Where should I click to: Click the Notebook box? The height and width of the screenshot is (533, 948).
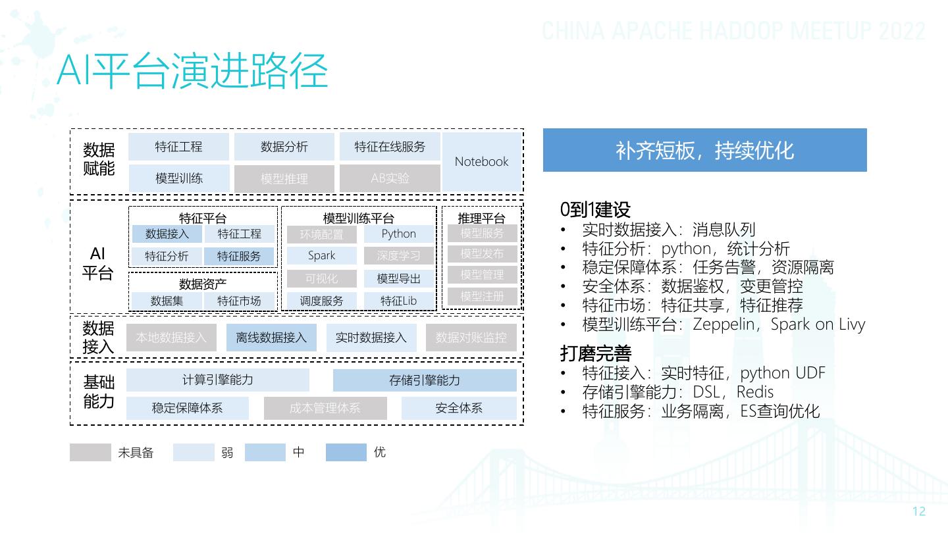(482, 162)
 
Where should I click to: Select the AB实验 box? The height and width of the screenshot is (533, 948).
(390, 178)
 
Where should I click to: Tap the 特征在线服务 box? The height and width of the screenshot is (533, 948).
(390, 147)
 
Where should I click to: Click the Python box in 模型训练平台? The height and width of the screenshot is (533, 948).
(399, 234)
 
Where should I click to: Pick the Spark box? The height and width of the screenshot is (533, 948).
(321, 255)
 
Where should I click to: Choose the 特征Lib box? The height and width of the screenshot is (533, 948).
(399, 301)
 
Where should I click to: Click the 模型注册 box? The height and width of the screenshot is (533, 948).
(482, 296)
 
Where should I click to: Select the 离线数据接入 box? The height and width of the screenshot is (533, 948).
(271, 338)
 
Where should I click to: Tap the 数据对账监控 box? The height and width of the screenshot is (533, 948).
(471, 338)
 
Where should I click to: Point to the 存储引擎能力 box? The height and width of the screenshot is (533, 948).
(425, 380)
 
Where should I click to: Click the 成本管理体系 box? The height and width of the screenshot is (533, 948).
(325, 408)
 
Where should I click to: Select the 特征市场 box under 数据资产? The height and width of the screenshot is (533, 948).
(239, 301)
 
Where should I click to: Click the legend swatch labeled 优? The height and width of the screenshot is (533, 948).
(346, 453)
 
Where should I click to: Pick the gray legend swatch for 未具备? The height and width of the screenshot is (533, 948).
(90, 453)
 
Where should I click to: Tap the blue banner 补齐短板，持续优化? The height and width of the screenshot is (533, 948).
(704, 150)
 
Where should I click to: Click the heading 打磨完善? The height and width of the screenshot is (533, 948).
(595, 354)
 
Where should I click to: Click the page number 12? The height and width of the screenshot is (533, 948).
(919, 512)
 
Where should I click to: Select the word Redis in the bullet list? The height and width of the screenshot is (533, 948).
(754, 392)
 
